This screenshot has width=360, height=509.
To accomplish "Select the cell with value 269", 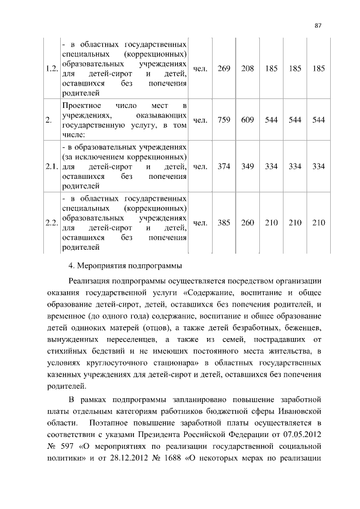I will pos(223,69).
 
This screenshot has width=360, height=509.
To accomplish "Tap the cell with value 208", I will pos(247,69).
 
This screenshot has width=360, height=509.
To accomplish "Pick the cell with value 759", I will pos(223,120).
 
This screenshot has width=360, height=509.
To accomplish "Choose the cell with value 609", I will pos(247,120).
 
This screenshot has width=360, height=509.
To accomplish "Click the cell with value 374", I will pos(223,166).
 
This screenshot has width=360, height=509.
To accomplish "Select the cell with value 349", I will pos(247,166).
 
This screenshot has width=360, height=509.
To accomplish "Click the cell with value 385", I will pos(223,223).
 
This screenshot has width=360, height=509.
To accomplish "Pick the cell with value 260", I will pos(247,223).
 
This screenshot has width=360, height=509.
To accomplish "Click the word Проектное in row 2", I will pos(82,105).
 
